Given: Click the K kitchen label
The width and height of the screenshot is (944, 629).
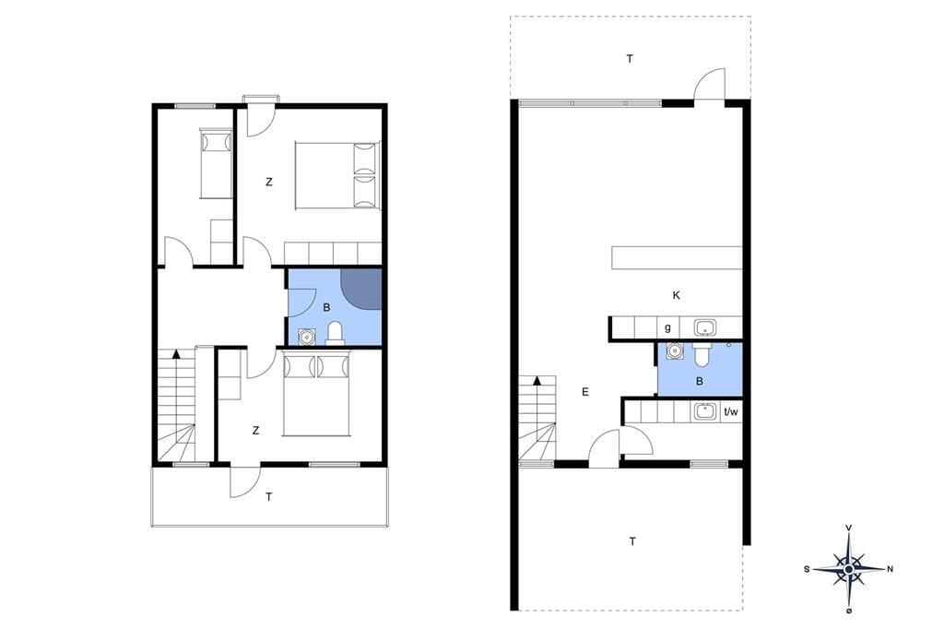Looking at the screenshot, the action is coord(676,295).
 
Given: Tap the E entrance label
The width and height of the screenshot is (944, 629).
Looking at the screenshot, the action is coord(585,392).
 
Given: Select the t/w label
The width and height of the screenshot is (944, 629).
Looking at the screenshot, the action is coord(730,412).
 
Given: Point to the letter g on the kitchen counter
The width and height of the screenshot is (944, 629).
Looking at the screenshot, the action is coord(667,328).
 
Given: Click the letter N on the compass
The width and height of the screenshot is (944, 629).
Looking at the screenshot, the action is coord(890,569).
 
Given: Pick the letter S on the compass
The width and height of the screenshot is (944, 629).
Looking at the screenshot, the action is coord(807,569).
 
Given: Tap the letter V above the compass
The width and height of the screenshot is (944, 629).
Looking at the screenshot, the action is coord(849,528).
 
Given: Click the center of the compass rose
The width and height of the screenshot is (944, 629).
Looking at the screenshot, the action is coord(848,569).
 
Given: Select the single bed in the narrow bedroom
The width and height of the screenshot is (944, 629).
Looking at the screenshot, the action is coord(216,163).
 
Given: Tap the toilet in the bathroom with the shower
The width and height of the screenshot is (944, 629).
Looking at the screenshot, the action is coord(335,333).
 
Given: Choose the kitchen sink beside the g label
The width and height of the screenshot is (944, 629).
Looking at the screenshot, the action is coord(704,327).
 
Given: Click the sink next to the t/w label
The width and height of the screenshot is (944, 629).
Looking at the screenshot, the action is coord(703,411).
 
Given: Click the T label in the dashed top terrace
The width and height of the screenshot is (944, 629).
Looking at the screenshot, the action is coord(630,59).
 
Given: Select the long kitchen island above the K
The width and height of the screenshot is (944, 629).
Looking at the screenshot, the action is coord(677,257).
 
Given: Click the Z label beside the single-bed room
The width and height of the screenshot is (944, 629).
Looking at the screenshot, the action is coord(269,182).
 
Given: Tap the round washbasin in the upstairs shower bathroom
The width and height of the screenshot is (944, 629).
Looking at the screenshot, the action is coord(307,336).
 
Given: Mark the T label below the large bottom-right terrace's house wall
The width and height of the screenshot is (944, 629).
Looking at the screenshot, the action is coord(632,541).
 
